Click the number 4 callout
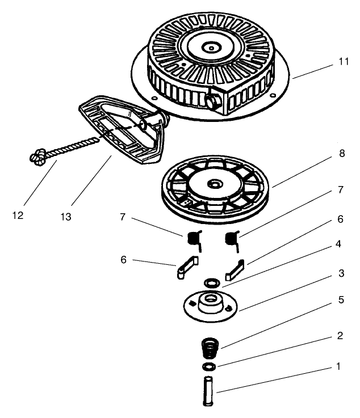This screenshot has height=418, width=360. [339, 245]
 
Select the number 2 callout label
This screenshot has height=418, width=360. [339, 336]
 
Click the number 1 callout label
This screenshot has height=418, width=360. [339, 366]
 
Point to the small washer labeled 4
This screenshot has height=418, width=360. [212, 282]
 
